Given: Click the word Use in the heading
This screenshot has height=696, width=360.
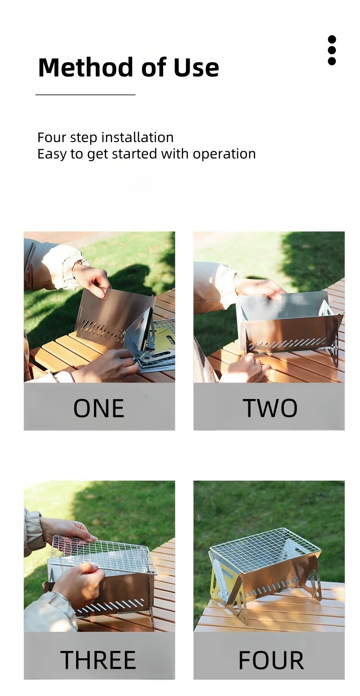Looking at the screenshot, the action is pyautogui.click(x=196, y=67).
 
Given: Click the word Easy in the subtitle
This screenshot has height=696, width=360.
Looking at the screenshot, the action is pyautogui.click(x=51, y=154).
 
